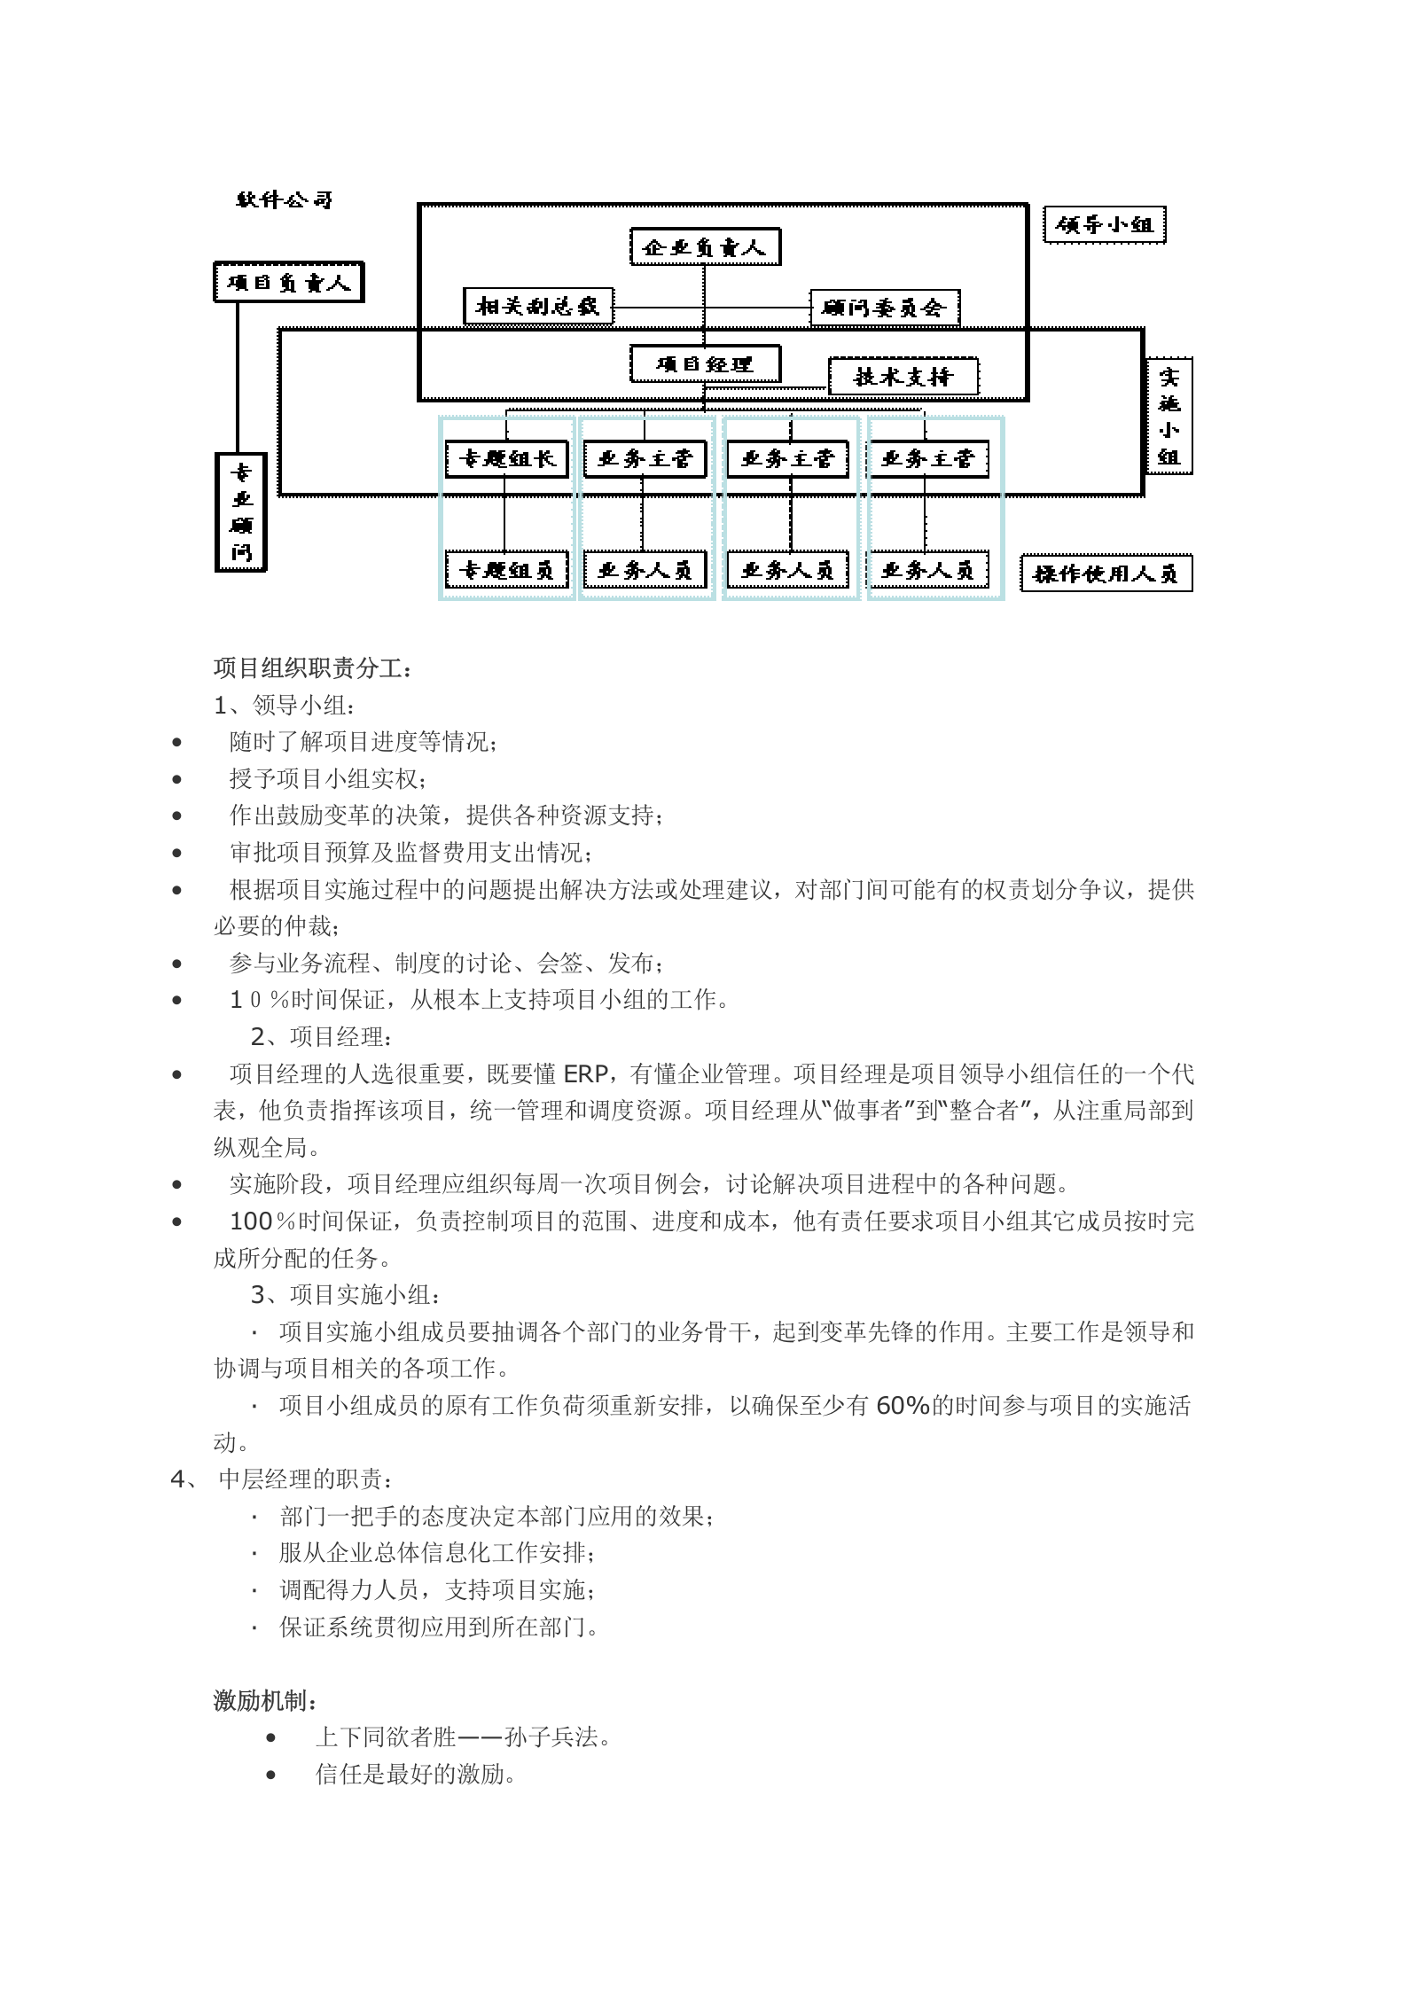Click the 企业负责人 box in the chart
click(x=705, y=247)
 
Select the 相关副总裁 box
click(x=538, y=307)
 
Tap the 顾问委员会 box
click(x=884, y=308)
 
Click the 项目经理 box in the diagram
click(x=705, y=364)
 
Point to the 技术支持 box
click(x=903, y=377)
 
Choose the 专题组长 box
click(x=506, y=459)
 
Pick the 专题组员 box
click(x=506, y=570)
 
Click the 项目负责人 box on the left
click(x=288, y=283)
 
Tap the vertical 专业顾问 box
click(x=241, y=512)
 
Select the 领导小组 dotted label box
click(x=1104, y=225)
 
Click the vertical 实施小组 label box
click(x=1169, y=416)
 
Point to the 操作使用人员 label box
click(x=1106, y=574)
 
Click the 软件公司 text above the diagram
click(x=284, y=200)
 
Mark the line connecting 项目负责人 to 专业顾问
click(x=238, y=377)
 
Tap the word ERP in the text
click(x=585, y=1074)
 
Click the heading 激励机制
click(x=266, y=1701)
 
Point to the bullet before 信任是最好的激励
click(x=271, y=1775)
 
